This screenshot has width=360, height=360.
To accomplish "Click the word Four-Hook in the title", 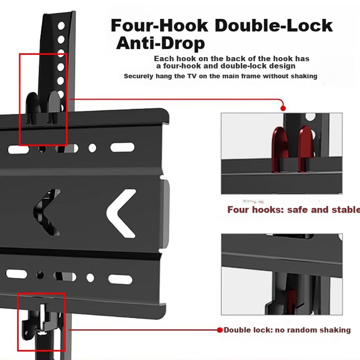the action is pos(159,26).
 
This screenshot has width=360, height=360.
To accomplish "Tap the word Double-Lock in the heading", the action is pos(274,26).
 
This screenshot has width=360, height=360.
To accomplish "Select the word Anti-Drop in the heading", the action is pos(161,43).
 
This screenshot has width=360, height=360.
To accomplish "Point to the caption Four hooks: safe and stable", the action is pos(294,210).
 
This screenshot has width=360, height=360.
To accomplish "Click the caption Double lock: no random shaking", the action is pos(287,330).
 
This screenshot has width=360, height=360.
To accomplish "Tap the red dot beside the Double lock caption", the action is pos(220,330).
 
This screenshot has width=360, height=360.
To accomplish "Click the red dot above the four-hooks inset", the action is pos(283,109).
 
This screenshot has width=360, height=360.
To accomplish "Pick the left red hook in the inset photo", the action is pos(279,149).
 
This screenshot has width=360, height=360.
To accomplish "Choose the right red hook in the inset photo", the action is pos(306,149).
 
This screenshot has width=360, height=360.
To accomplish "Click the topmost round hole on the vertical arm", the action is pos(61,26).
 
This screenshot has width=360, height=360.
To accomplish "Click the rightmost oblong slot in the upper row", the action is pos(122,147).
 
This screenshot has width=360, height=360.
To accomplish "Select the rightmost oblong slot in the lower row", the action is pos(121,279).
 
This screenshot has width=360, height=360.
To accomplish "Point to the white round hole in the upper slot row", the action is pos(93,148).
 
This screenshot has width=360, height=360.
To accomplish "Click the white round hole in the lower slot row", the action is pos(90,278).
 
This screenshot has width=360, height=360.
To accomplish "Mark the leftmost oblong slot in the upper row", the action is pos(18,150).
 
